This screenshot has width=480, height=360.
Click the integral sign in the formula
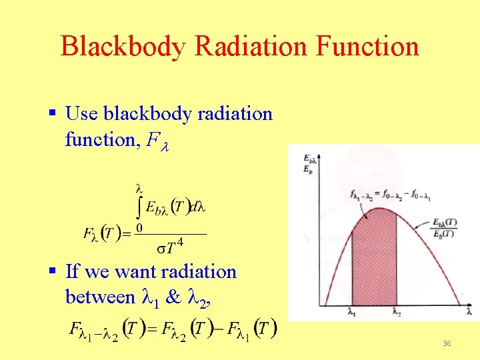[139, 207]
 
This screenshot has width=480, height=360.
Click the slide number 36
[447, 343]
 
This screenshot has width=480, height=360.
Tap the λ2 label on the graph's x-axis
[397, 311]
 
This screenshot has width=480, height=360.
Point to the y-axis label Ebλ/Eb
[309, 163]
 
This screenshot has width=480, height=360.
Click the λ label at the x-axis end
[469, 311]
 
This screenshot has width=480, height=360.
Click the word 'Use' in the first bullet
[81, 114]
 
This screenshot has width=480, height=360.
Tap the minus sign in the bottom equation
[219, 329]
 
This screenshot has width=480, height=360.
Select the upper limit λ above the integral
[139, 188]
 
